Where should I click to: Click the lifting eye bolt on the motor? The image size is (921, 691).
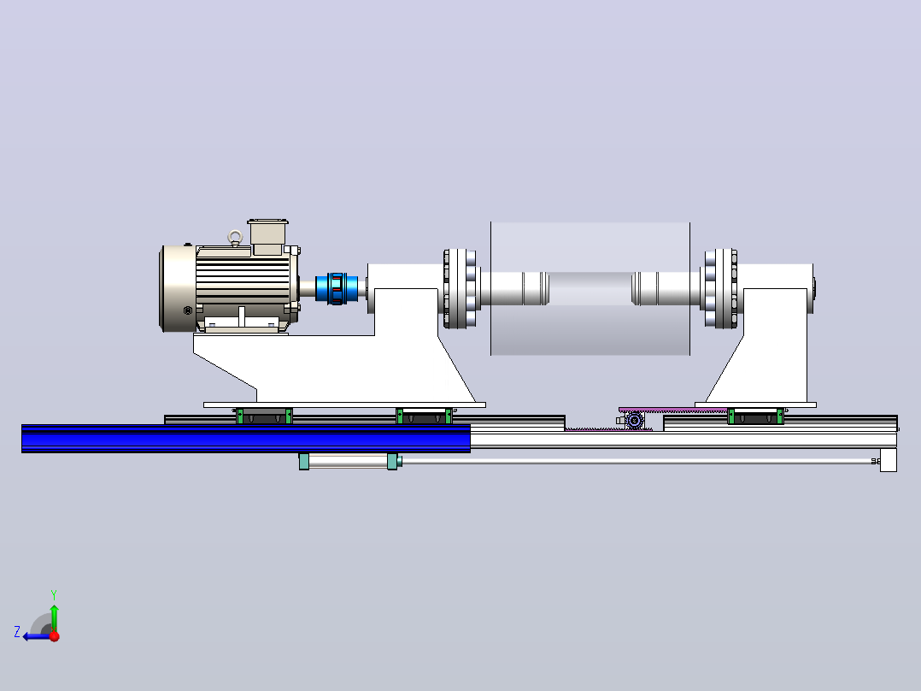point(235,238)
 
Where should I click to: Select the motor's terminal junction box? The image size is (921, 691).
point(268,237)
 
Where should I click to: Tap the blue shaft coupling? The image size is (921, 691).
point(337,288)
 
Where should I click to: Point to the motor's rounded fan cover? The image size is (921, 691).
point(178,288)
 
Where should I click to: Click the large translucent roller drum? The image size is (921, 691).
point(590,289)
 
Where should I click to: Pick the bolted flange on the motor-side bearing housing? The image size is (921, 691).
point(460,289)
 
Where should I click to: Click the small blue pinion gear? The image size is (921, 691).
point(634,421)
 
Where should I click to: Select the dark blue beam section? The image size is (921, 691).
point(246,439)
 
